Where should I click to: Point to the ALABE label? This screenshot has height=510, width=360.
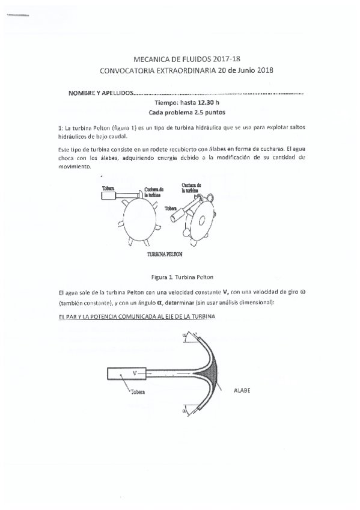pyautogui.click(x=241, y=391)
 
